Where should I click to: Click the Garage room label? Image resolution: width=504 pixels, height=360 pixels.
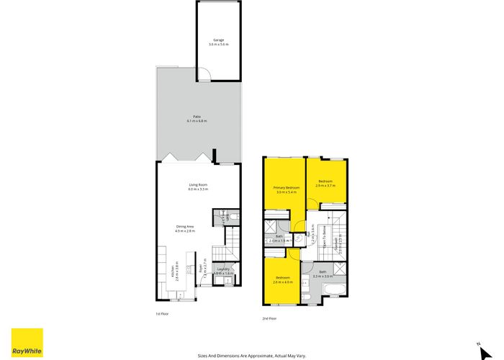[218, 42]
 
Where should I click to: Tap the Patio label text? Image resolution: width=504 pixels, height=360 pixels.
[197, 119]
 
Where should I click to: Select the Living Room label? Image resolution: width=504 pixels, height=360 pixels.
[198, 187]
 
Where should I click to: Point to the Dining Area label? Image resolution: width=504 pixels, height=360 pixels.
[186, 229]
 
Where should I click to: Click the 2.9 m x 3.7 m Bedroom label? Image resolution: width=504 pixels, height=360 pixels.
[325, 183]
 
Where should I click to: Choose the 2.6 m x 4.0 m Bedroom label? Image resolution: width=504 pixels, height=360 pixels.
[282, 279]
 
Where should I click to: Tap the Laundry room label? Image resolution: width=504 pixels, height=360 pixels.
[223, 271]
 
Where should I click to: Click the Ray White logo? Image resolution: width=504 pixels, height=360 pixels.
[27, 342]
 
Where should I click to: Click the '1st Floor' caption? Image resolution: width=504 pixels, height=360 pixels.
[162, 314]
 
